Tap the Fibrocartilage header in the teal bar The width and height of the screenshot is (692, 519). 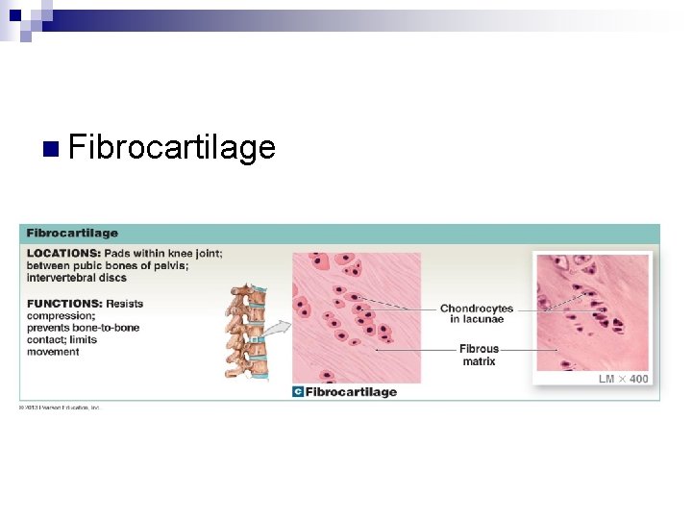click(x=72, y=233)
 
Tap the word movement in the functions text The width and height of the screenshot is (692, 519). click(x=53, y=352)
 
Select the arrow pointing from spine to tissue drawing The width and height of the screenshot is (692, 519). click(x=276, y=329)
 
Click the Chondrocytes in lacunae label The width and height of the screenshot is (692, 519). click(x=477, y=313)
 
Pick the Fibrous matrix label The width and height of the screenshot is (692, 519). click(x=479, y=355)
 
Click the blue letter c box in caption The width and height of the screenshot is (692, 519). click(x=298, y=391)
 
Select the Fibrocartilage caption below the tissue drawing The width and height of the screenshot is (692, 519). click(x=351, y=391)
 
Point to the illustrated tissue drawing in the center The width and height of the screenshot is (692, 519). click(x=357, y=316)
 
